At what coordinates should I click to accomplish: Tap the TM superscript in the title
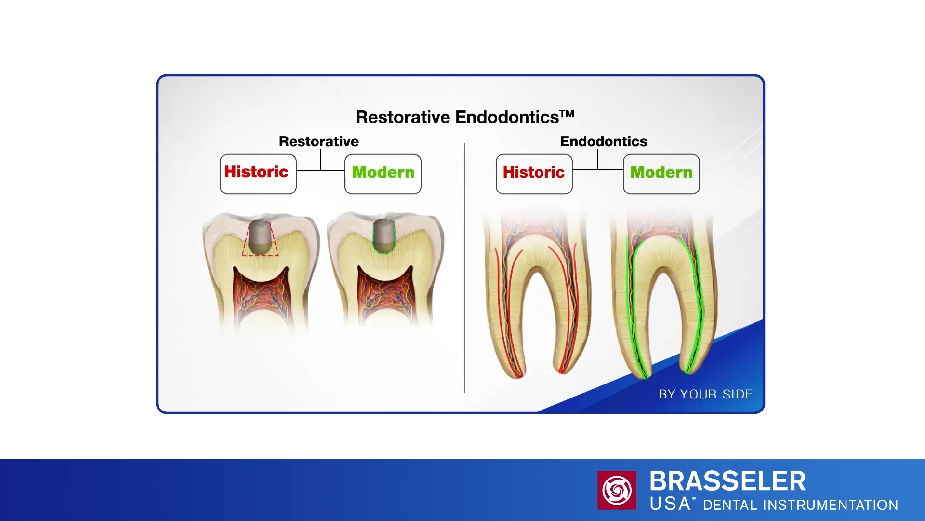[567, 114]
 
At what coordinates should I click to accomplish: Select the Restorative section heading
[319, 141]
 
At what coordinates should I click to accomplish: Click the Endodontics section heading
[604, 141]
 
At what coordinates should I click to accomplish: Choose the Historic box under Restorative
[258, 174]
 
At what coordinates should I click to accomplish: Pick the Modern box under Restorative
[383, 174]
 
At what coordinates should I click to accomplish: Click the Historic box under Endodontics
[534, 174]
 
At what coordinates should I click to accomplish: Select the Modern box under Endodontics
[661, 174]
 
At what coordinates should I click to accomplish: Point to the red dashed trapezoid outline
[260, 255]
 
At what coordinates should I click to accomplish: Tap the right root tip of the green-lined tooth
[687, 370]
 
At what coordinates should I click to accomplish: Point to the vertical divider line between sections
[464, 268]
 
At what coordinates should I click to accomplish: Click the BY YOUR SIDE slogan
[705, 395]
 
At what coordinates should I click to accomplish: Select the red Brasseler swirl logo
[617, 490]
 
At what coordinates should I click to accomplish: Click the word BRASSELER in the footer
[727, 481]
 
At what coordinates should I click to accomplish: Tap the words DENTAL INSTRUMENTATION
[801, 505]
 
